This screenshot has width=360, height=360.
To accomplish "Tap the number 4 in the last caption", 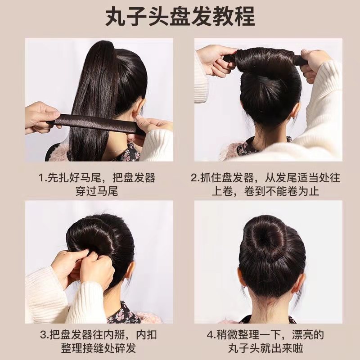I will (209, 335).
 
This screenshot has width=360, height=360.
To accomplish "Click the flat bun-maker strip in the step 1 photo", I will (97, 122).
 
